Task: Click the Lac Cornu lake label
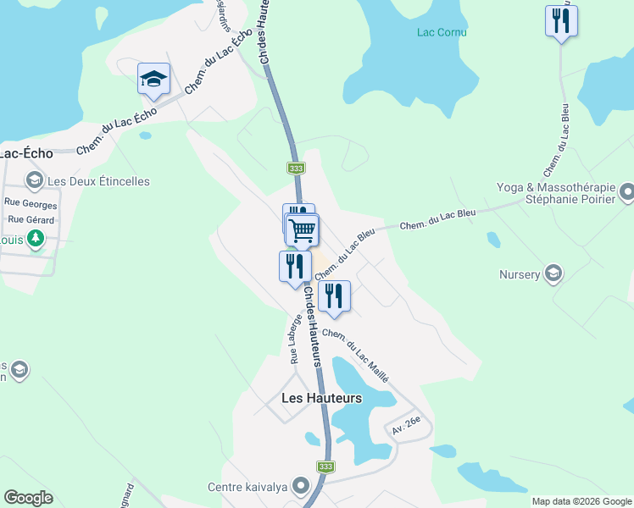tap(442, 33)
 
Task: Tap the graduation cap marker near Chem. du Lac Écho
tap(153, 79)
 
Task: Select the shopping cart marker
tap(303, 229)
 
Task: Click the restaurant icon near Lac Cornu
tap(560, 21)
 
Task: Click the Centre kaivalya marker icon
tap(300, 486)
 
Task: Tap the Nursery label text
tap(520, 274)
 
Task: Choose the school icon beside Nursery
tap(553, 273)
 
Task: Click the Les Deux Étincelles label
tap(98, 181)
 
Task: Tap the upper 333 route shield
tap(296, 168)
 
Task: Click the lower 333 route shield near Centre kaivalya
tap(326, 467)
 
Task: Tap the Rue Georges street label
tap(31, 204)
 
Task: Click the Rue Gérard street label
tap(31, 220)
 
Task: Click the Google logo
tap(28, 498)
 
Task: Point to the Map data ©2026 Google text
tap(581, 501)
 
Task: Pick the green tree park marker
tap(35, 239)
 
